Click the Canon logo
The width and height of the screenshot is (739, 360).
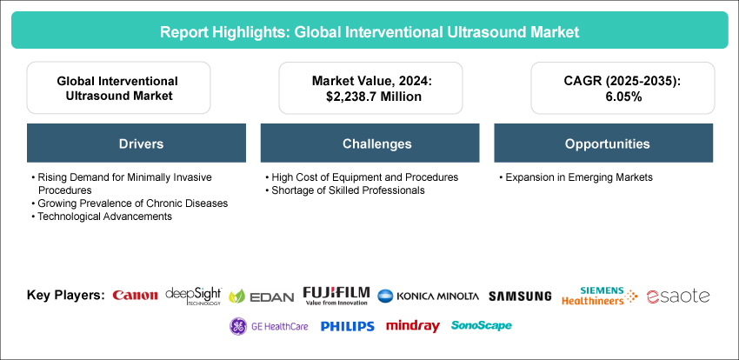click(x=135, y=296)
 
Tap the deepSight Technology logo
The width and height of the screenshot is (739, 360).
click(x=193, y=296)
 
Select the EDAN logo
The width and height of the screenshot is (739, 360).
click(x=261, y=297)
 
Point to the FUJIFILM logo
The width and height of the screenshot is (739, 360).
click(x=336, y=296)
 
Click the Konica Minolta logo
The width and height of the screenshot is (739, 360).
click(x=428, y=296)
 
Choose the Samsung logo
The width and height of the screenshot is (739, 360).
click(x=520, y=296)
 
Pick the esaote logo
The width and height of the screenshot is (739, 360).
click(x=678, y=296)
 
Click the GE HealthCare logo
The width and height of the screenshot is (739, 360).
click(x=269, y=326)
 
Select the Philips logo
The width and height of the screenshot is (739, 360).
click(x=348, y=326)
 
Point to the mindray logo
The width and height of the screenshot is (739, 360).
click(x=412, y=326)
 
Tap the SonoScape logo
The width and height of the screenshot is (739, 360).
click(x=481, y=325)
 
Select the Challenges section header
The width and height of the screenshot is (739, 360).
click(x=370, y=143)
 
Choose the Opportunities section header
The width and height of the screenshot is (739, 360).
click(x=603, y=143)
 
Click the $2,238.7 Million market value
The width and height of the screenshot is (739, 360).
click(x=370, y=97)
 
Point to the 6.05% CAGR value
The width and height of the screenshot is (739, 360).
click(x=622, y=97)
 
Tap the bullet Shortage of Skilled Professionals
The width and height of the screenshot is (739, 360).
click(x=345, y=190)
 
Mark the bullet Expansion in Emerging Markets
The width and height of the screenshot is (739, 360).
click(x=576, y=177)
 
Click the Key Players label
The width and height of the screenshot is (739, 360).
click(x=66, y=296)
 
